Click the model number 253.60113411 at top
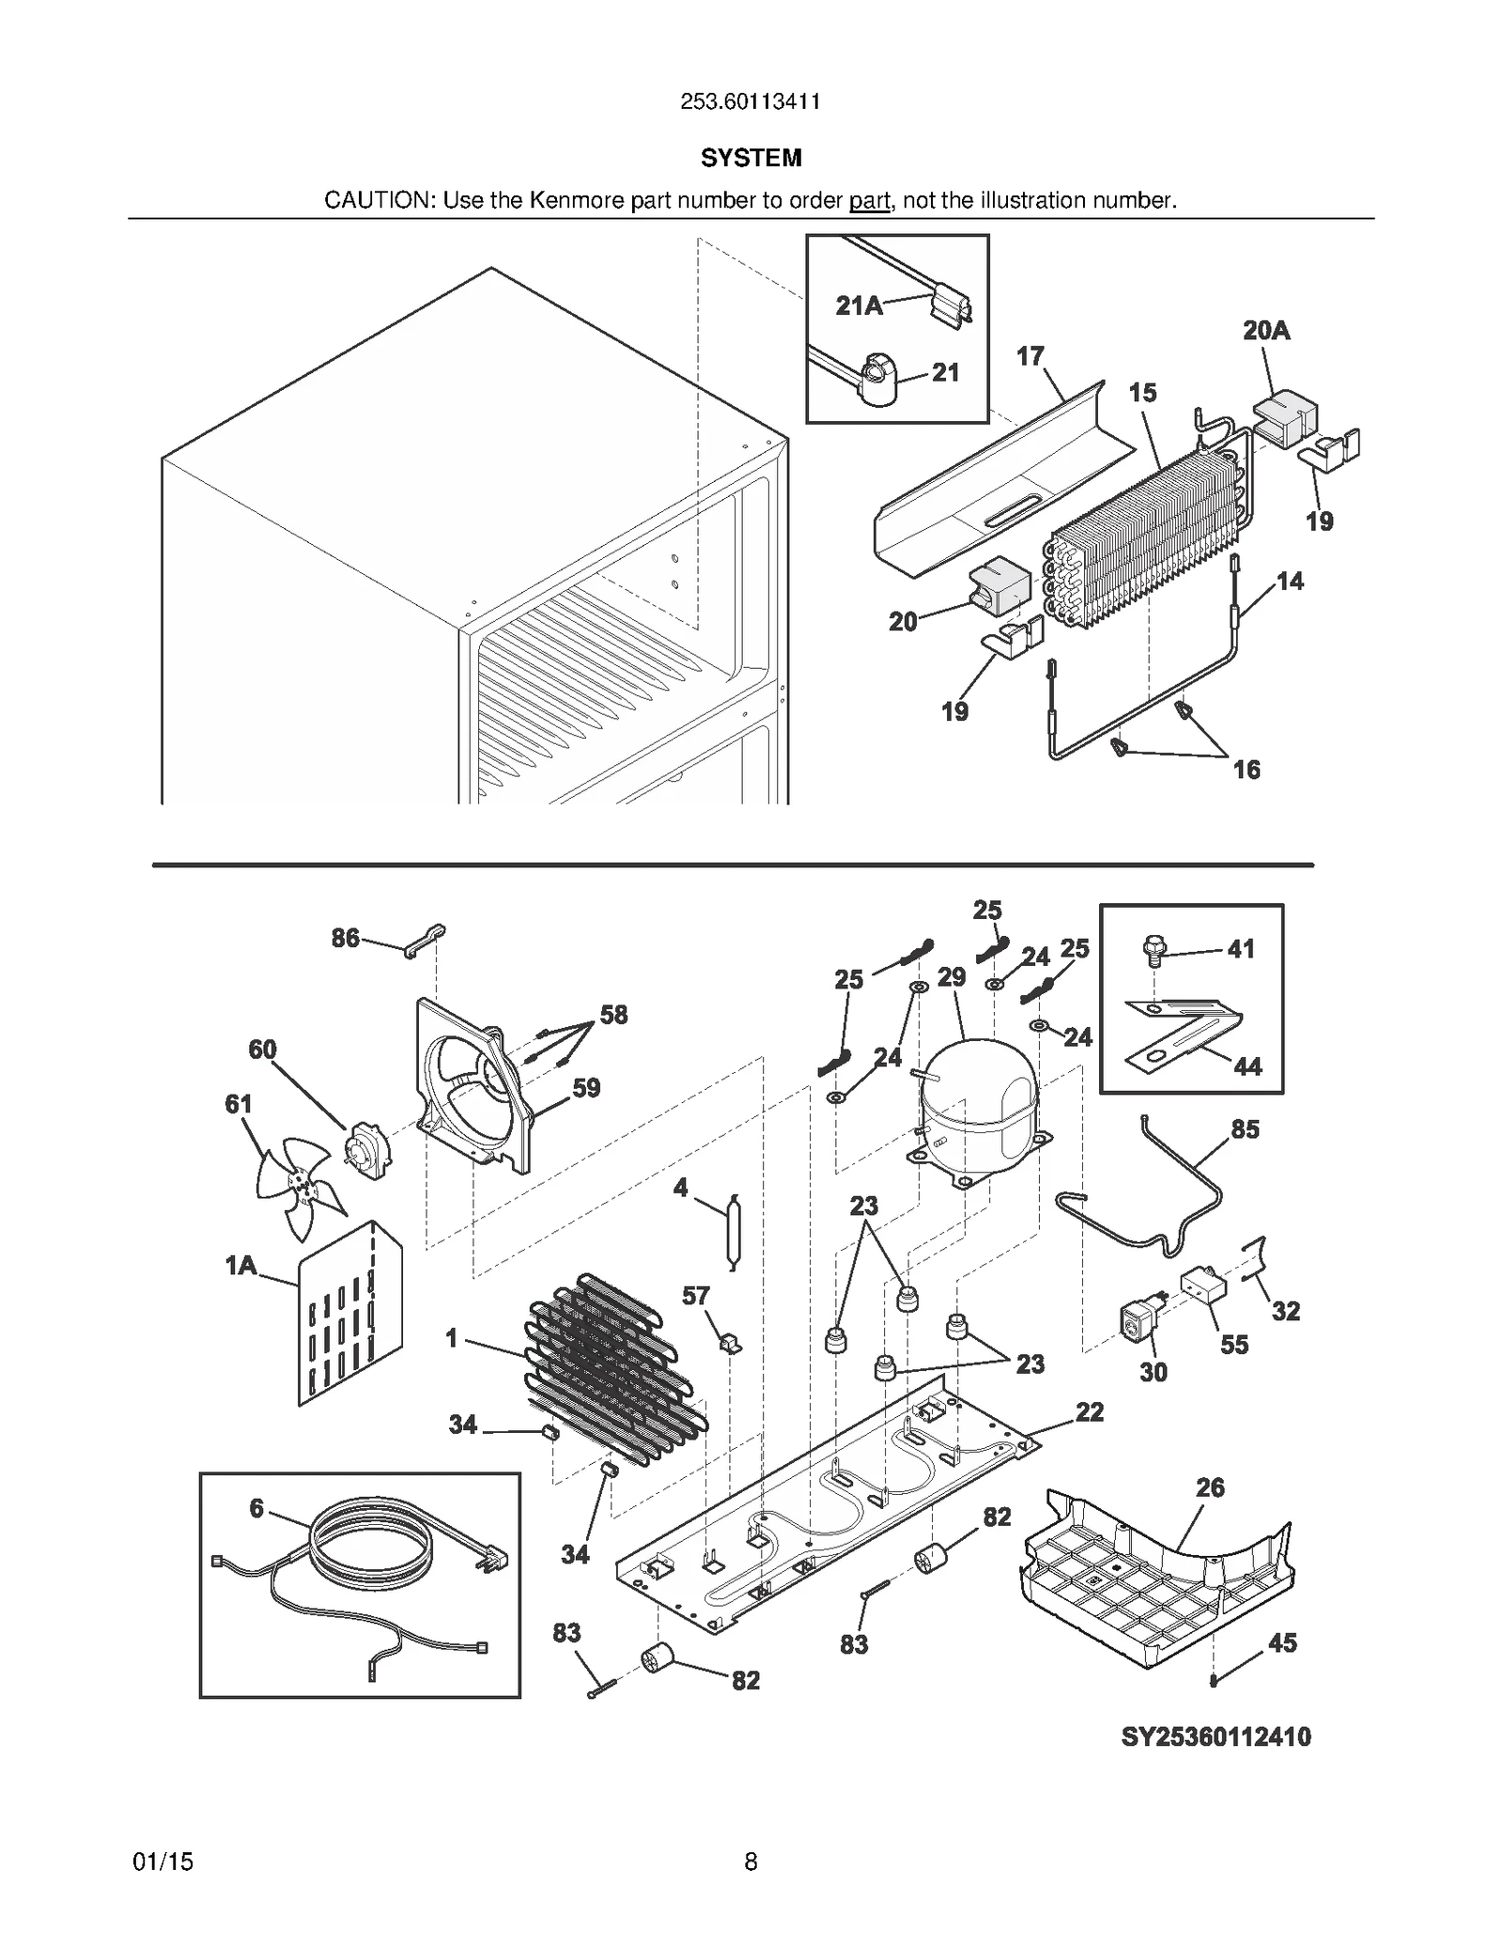pyautogui.click(x=750, y=101)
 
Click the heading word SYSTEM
pyautogui.click(x=751, y=158)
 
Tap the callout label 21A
pyautogui.click(x=859, y=305)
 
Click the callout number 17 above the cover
pyautogui.click(x=1030, y=356)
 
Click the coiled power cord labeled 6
pyautogui.click(x=371, y=1560)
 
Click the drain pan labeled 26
pyautogui.click(x=1155, y=1588)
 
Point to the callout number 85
pyautogui.click(x=1245, y=1129)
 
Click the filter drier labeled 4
pyautogui.click(x=734, y=1232)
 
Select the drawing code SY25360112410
pyautogui.click(x=1216, y=1736)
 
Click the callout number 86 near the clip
pyautogui.click(x=345, y=938)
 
